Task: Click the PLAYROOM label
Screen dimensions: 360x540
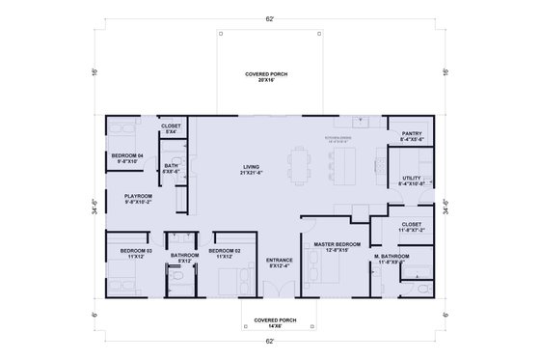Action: click(138, 198)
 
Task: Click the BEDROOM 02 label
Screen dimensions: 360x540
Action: click(225, 253)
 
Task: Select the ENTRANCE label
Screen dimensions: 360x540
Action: click(280, 262)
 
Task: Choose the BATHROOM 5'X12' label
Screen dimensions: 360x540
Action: click(183, 258)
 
